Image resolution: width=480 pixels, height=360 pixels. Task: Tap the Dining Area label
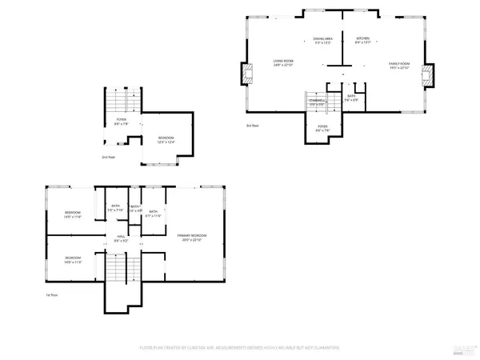[x=322, y=40]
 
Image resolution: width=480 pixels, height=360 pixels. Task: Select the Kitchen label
[x=362, y=40]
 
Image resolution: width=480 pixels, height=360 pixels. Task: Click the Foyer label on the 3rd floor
[x=322, y=127]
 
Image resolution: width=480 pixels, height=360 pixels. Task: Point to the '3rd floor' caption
[x=254, y=126]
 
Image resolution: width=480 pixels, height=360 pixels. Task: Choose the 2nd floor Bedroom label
[x=166, y=140]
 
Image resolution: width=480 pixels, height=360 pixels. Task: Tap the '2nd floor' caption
[x=109, y=158]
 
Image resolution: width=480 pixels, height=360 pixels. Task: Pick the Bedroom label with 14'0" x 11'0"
[x=72, y=259]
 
